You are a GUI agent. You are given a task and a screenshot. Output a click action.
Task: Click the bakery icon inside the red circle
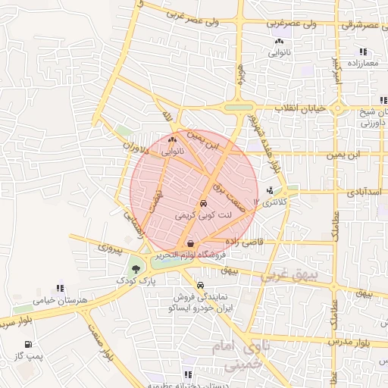[x=172, y=140]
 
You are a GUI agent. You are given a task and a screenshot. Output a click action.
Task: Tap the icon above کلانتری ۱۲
[x=271, y=191]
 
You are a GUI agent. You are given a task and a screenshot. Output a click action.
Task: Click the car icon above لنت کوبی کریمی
[x=203, y=204]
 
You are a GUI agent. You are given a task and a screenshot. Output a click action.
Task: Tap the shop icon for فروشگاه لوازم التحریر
[x=189, y=243]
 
